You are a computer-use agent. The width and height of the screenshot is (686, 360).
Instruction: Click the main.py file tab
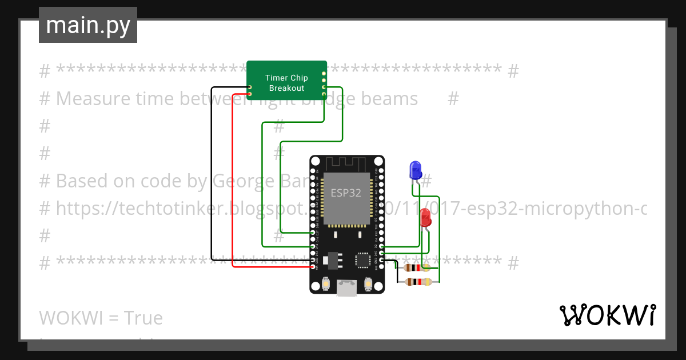[x=88, y=25]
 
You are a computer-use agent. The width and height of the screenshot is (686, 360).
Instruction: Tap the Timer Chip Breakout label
[x=286, y=83]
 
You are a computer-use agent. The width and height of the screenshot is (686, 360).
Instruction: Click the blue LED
[x=415, y=170]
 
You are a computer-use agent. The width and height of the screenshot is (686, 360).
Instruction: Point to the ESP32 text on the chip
[x=346, y=193]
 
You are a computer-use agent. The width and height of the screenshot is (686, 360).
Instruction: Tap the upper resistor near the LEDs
[x=416, y=267]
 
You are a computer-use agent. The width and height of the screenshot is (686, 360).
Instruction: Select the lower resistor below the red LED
[x=418, y=281]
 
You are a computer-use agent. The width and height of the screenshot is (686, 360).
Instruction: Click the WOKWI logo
[x=607, y=315]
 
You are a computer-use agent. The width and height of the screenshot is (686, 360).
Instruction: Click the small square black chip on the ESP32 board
[x=363, y=260]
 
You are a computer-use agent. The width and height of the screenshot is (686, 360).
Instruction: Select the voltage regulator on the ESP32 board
[x=332, y=261]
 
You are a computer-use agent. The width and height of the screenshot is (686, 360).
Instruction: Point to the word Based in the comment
[x=81, y=181]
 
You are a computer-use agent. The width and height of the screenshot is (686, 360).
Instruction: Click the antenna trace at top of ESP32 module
[x=346, y=163]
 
